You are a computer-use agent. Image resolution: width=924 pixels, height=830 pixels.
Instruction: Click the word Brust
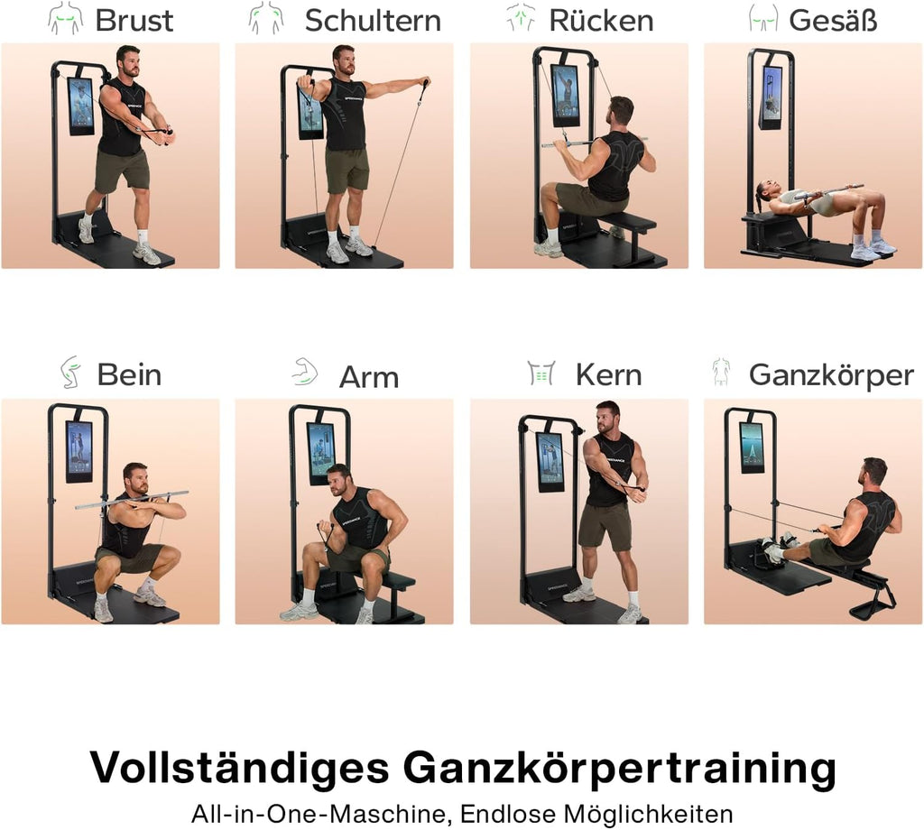134,20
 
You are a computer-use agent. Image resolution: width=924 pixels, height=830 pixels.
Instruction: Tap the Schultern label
373,20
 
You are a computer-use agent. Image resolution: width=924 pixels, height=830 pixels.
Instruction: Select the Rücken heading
601,20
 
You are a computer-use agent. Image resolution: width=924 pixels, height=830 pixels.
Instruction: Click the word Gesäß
833,20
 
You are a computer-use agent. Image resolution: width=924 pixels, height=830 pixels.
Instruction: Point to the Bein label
129,374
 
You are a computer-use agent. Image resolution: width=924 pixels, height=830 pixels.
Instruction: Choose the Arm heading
368,376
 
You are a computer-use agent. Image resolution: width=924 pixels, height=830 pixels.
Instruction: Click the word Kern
608,374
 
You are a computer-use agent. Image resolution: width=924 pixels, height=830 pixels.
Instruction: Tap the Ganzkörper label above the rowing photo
831,374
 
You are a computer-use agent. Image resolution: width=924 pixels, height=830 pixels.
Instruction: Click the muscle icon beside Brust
65,19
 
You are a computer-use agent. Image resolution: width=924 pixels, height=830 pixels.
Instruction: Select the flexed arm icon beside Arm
304,372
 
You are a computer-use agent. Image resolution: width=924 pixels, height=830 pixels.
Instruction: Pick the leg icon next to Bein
70,372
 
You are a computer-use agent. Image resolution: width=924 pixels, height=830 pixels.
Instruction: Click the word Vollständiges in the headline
239,769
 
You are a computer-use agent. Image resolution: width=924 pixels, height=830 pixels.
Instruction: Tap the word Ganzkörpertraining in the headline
619,769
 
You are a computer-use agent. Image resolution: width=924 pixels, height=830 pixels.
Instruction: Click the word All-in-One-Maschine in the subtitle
319,813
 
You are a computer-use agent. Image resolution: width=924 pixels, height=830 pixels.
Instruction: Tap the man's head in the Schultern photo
343,60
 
